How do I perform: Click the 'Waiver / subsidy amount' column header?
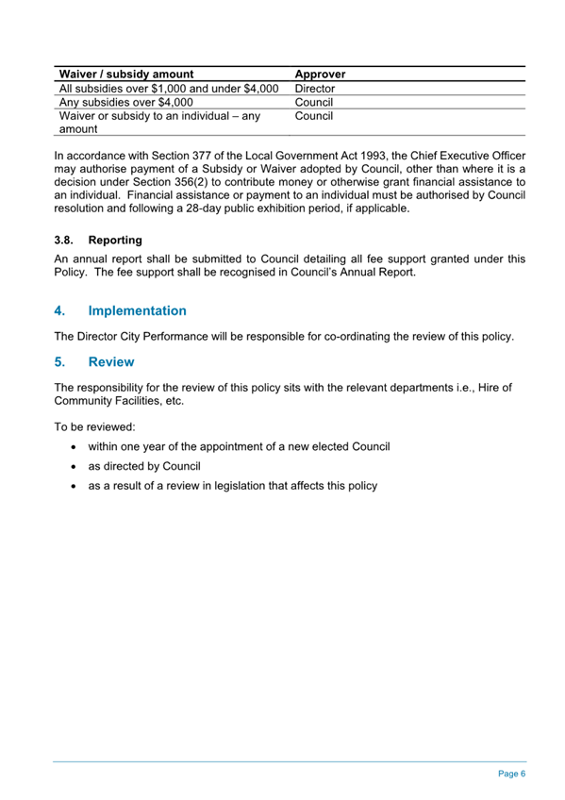click(126, 74)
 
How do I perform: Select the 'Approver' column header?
click(321, 74)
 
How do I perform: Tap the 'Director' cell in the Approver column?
click(315, 88)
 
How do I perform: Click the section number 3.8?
click(64, 241)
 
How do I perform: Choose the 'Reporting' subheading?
click(115, 241)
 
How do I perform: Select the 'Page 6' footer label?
click(511, 773)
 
